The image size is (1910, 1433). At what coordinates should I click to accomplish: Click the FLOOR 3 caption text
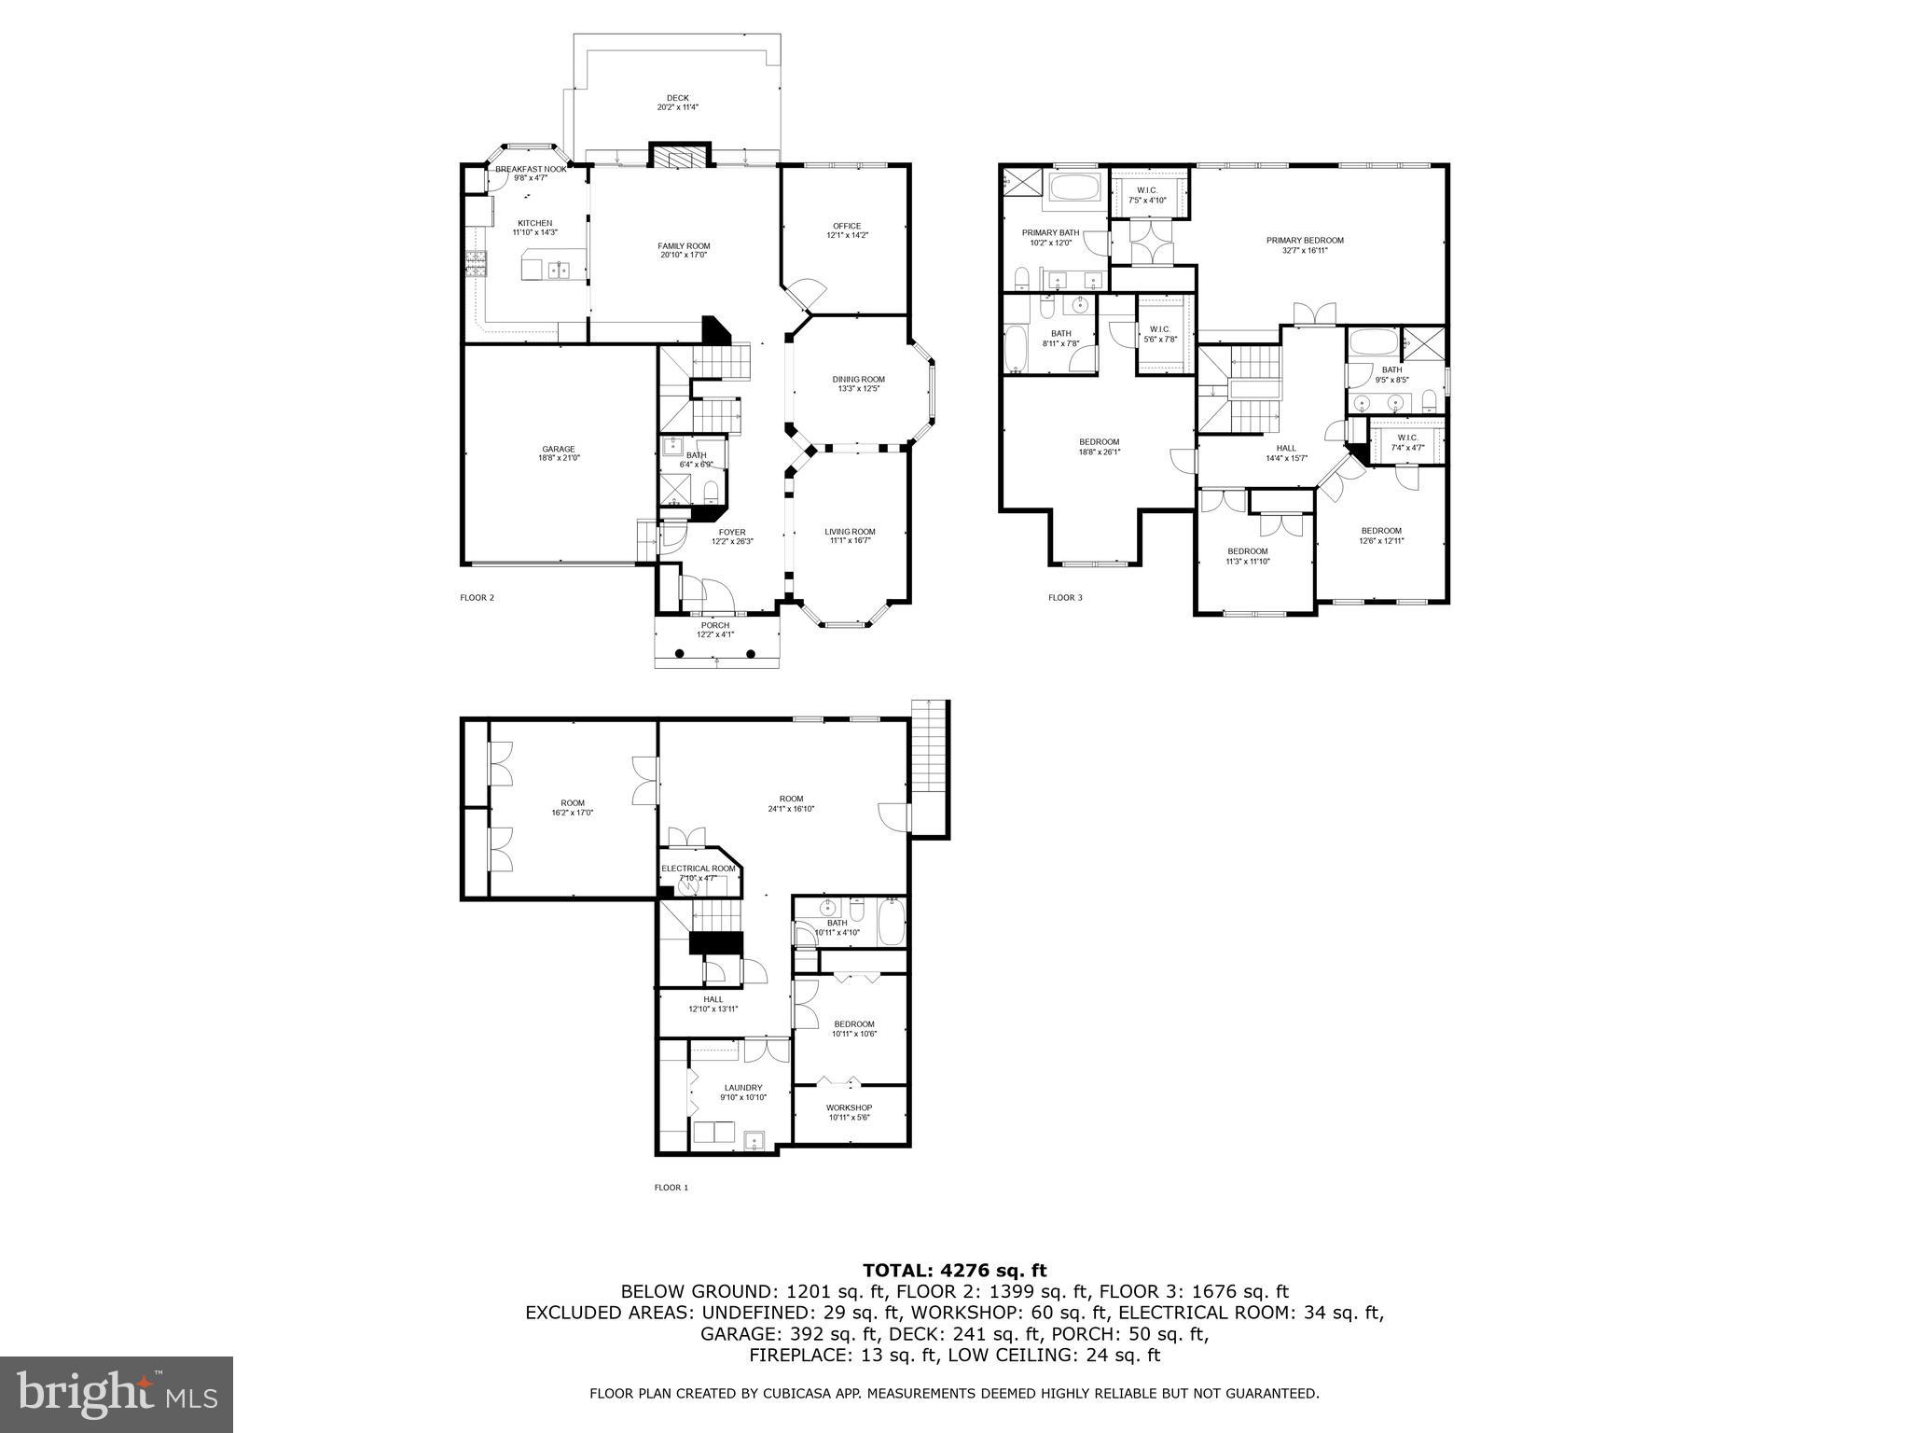(x=1065, y=598)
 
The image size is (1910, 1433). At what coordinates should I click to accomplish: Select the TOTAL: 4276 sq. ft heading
(x=954, y=1270)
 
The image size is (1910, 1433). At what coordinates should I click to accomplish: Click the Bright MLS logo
(x=117, y=1395)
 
